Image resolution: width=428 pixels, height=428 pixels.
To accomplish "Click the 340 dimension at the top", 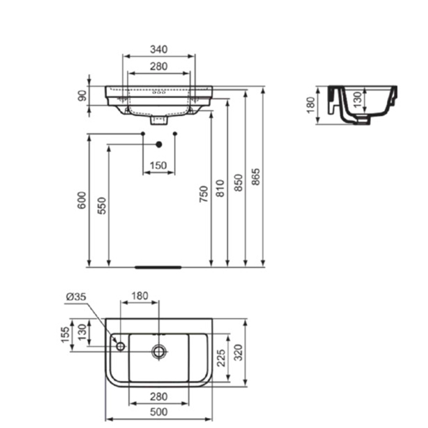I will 159,49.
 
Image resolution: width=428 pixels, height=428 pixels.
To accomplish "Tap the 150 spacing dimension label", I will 158,165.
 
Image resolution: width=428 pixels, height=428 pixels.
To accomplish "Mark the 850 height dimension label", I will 238,183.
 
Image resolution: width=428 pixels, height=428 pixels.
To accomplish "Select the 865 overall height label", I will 256,177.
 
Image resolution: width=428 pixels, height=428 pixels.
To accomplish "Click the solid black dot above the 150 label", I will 159,144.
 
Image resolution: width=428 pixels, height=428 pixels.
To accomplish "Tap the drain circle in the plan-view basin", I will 159,351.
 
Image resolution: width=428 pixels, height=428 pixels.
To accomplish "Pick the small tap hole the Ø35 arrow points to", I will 120,347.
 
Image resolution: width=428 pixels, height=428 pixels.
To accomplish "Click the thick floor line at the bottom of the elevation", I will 158,267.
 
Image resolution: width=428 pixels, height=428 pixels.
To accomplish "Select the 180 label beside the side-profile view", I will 310,105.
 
